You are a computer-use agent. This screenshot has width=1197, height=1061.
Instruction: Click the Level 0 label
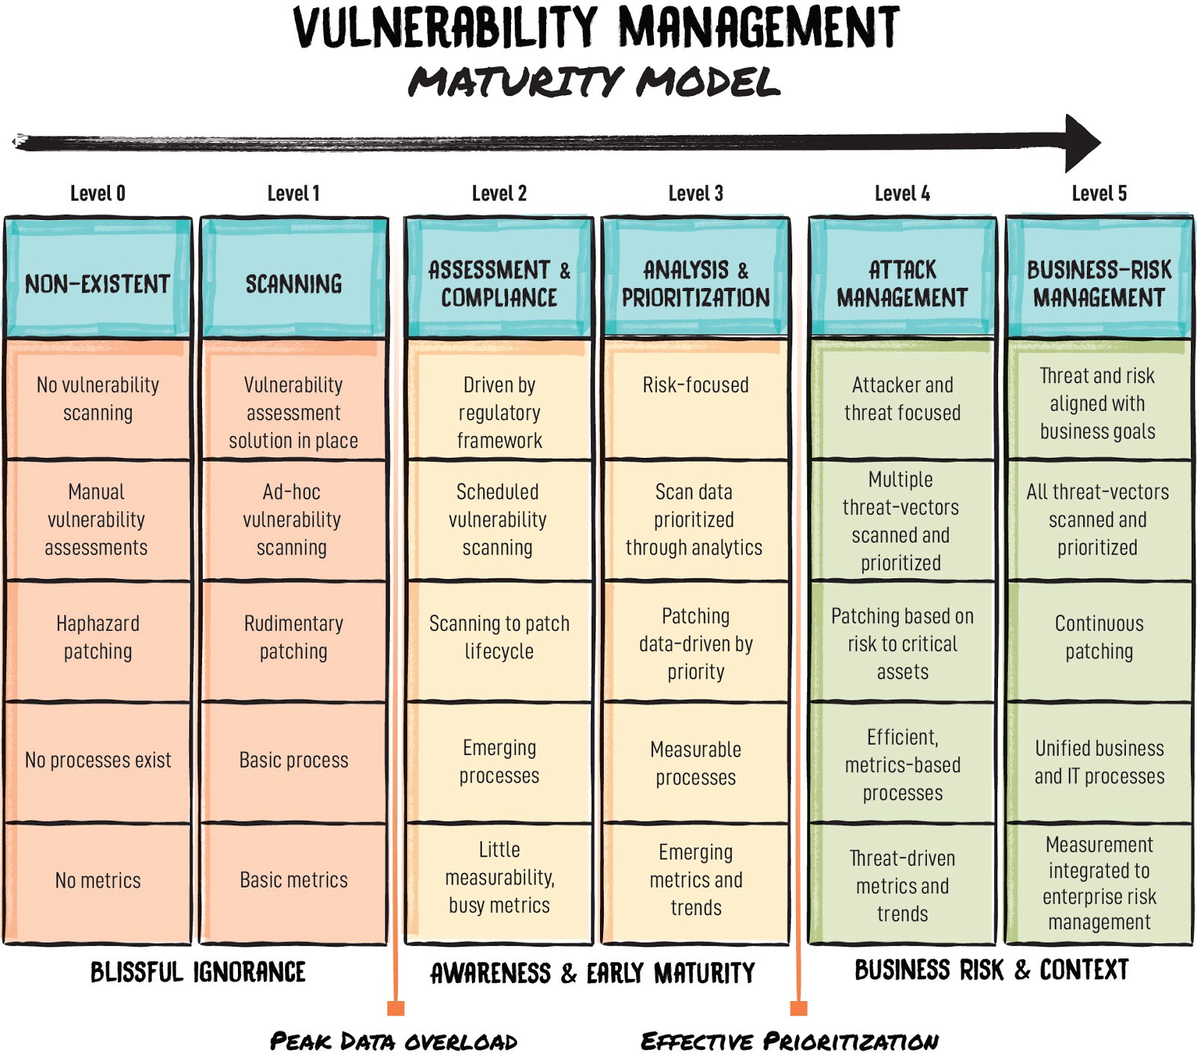point(97,194)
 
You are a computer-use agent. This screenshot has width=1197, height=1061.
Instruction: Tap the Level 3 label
point(696,194)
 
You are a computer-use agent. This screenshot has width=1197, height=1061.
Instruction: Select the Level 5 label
point(1099,194)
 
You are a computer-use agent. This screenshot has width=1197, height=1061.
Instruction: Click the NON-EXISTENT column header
point(98,278)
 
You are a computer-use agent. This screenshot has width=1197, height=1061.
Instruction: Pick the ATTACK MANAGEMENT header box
point(902,278)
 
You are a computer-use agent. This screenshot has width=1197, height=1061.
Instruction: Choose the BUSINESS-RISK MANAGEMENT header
point(1099,278)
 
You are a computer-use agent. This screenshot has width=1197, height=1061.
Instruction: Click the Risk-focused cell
point(696,400)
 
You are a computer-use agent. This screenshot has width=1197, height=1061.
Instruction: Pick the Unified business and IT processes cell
point(1099,762)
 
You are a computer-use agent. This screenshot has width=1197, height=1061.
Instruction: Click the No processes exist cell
point(98,762)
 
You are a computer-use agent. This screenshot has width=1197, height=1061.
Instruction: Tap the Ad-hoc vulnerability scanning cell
point(294,520)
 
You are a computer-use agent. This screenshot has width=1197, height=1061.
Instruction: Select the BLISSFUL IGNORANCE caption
point(198,972)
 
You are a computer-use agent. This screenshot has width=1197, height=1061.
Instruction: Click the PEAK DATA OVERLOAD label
point(394,1041)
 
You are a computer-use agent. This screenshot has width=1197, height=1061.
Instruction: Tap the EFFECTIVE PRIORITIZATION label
point(789,1041)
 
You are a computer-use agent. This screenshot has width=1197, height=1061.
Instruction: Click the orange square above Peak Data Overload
point(396,1008)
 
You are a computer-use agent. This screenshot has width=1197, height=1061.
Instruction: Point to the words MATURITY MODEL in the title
point(595,82)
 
